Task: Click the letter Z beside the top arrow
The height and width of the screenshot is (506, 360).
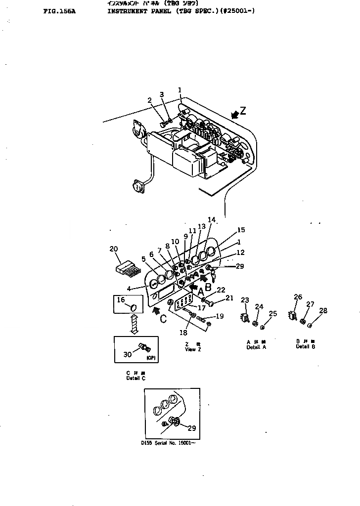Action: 242,110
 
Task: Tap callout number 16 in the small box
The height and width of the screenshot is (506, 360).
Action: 121,299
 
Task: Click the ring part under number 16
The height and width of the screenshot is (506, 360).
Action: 134,308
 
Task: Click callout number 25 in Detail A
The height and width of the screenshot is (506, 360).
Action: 273,313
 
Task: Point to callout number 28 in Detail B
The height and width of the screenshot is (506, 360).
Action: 323,310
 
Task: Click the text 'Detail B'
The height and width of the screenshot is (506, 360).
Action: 303,347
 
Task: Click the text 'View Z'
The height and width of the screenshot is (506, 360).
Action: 190,349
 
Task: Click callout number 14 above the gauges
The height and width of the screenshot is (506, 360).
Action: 211,219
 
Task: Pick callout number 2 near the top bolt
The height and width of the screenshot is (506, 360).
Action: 149,101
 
